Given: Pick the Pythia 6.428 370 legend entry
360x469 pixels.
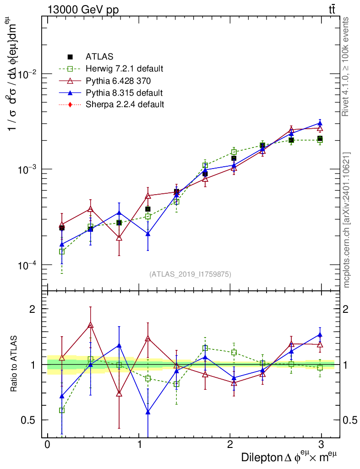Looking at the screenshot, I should [118, 81].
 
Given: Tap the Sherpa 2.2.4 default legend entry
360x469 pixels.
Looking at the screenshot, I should [125, 104].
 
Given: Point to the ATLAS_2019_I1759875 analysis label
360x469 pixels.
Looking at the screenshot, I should [190, 274].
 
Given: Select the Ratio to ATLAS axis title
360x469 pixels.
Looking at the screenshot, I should [14, 365].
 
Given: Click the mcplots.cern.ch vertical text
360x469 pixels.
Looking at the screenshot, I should [347, 220].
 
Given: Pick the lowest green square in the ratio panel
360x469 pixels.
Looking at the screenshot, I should [62, 410].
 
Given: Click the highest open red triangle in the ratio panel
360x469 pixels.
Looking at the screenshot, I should [91, 325].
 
